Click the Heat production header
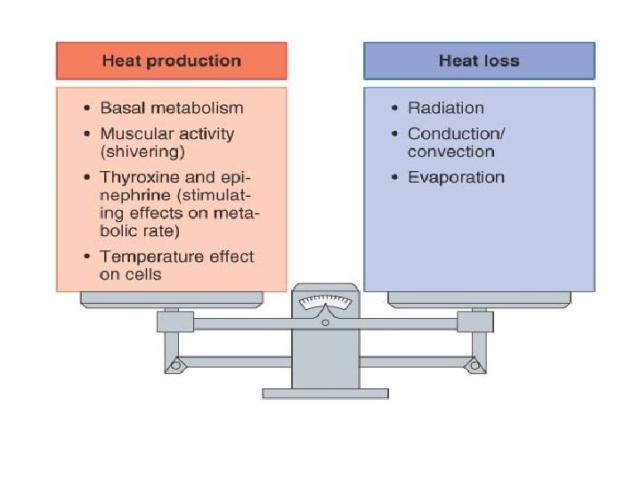click(172, 61)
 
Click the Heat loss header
click(479, 61)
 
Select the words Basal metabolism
click(171, 108)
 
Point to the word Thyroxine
click(137, 177)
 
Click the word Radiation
click(446, 108)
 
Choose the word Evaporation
click(456, 177)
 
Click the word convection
click(451, 151)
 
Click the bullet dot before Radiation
click(394, 109)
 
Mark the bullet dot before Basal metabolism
click(86, 109)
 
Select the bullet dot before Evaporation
click(394, 178)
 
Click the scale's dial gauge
click(325, 306)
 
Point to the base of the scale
click(325, 392)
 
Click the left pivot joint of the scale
click(175, 364)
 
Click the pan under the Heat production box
click(171, 299)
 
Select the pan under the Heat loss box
click(479, 299)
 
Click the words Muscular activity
click(166, 134)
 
